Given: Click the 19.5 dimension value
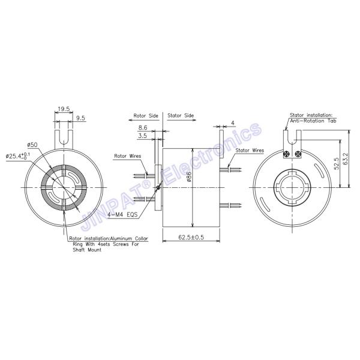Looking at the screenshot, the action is [64, 109].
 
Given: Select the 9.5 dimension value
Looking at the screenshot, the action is [80, 118].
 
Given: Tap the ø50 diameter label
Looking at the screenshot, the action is [32, 145].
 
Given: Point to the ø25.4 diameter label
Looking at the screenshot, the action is [17, 156].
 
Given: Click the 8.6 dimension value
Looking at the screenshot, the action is [143, 127].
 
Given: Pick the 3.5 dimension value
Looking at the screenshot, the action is [142, 136].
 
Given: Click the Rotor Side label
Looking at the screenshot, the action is [146, 115].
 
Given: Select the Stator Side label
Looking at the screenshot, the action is [181, 115].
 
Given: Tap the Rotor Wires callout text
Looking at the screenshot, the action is [128, 156].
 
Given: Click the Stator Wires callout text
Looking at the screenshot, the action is [250, 151].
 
